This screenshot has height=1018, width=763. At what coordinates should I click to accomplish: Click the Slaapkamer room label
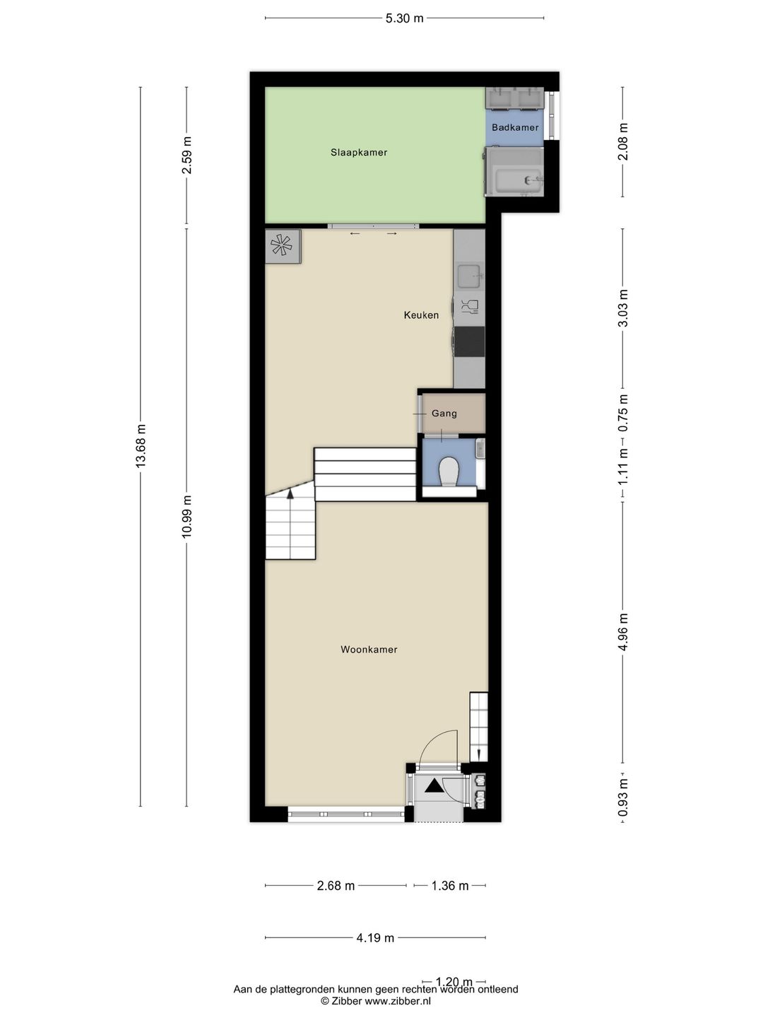click(x=359, y=152)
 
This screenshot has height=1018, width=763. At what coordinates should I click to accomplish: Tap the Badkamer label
click(x=515, y=127)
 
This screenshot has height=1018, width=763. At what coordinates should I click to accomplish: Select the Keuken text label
click(x=421, y=315)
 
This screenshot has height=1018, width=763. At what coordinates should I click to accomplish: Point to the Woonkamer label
click(x=369, y=650)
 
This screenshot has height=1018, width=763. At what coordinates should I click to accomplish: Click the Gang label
click(x=444, y=414)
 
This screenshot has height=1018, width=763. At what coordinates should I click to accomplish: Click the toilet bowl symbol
click(x=449, y=472)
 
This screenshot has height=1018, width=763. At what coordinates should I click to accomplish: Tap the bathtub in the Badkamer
click(x=514, y=172)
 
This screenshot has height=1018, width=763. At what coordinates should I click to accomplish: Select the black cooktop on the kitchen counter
click(x=469, y=341)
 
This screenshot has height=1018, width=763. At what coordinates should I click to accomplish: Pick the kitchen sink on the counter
click(x=470, y=277)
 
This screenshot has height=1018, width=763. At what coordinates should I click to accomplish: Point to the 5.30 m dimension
click(x=404, y=18)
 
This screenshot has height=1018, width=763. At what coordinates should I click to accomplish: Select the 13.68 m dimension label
click(x=141, y=445)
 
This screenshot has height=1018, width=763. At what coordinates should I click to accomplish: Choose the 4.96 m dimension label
click(x=623, y=632)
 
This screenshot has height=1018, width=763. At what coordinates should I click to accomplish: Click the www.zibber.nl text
click(x=398, y=1001)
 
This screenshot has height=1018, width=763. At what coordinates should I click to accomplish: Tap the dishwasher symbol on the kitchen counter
click(x=469, y=308)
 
